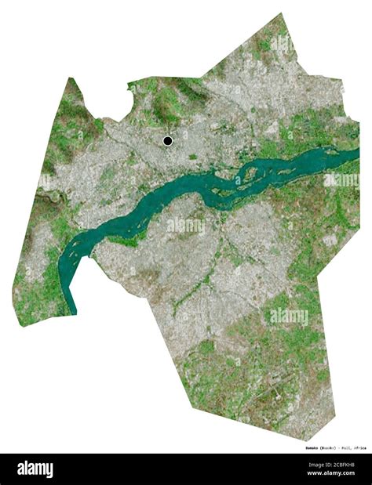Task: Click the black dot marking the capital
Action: (167, 141)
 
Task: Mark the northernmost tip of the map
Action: (281, 13)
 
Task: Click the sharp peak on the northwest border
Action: (71, 78)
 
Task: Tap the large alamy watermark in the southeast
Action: (289, 317)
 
